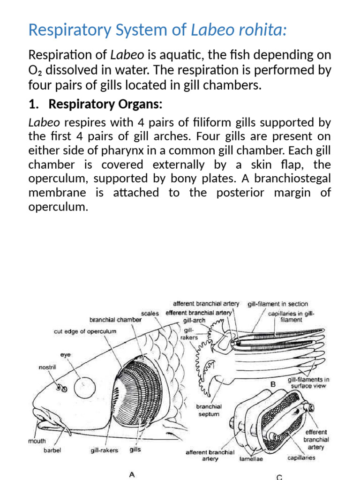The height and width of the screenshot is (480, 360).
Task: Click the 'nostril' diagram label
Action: point(47,367)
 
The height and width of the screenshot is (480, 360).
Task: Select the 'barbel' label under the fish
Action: point(52,450)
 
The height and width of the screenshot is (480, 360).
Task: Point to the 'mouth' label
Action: point(37,441)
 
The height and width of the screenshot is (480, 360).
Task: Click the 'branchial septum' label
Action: point(209,410)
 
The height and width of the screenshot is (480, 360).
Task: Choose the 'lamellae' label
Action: point(251,459)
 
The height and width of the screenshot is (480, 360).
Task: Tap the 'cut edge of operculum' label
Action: point(85,331)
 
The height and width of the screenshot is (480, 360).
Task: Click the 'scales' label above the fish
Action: point(150,314)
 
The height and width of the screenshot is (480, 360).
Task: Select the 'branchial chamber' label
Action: point(115,320)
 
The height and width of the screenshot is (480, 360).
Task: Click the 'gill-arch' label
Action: point(194,320)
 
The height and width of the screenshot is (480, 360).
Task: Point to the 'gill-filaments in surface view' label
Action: point(308,382)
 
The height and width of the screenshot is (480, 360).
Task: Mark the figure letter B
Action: point(273,384)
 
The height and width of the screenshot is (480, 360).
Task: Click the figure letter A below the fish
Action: point(132,474)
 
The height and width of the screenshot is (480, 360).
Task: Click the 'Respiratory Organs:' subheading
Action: point(105,104)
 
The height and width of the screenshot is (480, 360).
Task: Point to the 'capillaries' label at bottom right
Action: point(301,457)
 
